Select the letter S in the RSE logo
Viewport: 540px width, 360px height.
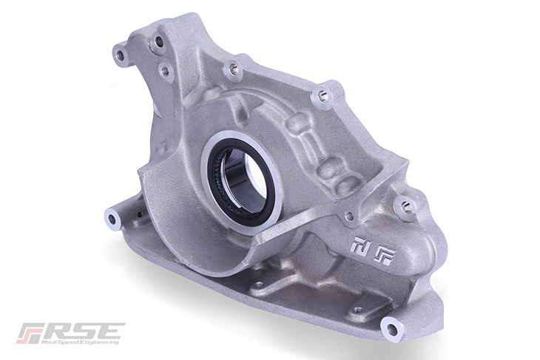[83, 331]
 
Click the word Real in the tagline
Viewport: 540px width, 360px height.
[48, 342]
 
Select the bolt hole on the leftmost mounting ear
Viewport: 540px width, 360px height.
[112, 217]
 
